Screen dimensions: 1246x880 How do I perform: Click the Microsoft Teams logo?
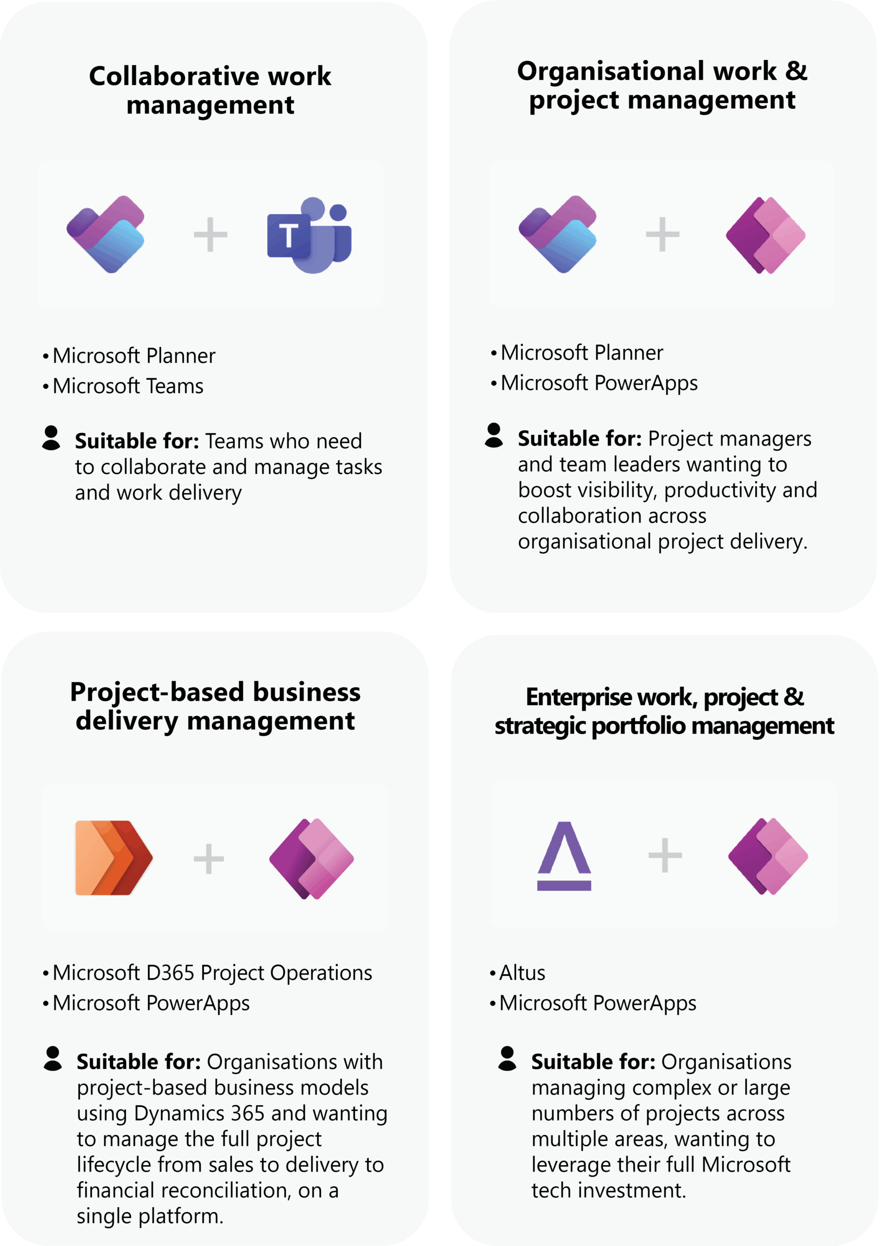309,235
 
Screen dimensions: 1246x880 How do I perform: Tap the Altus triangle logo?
564,856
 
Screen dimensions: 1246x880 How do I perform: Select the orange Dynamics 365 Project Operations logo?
113,858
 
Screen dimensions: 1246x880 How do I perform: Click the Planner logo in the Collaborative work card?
105,234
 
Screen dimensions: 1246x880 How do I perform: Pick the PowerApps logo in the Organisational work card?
766,235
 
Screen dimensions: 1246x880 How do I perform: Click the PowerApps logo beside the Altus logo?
768,856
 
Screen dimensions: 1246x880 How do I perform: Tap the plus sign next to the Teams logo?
210,235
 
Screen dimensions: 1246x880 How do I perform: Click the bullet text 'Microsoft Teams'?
128,386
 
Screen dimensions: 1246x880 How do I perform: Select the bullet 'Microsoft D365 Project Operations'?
212,972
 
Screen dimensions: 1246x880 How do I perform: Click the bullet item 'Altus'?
522,972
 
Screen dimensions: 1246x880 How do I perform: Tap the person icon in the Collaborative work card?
51,438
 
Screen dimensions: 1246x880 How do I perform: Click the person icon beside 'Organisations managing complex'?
507,1058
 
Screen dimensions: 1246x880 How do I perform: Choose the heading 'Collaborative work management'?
210,90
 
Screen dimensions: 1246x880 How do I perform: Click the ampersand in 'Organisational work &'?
795,71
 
